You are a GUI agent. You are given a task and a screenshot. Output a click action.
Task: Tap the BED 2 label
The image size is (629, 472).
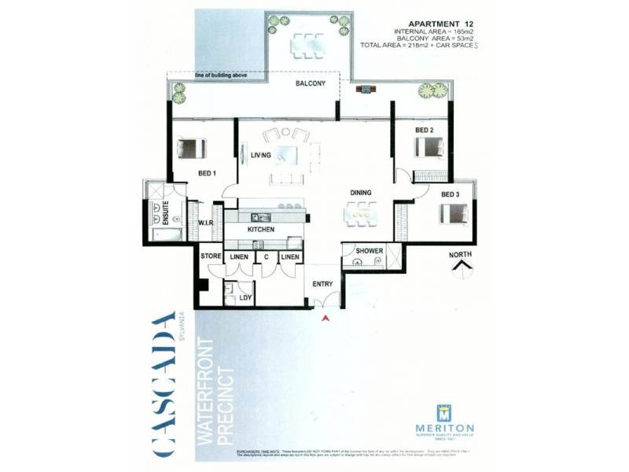tap(425, 130)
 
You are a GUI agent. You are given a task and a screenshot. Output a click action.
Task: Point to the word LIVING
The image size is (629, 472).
tap(261, 155)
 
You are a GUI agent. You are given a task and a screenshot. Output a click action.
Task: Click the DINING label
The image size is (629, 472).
tap(361, 192)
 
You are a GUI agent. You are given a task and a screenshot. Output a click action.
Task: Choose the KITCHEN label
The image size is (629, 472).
tap(260, 229)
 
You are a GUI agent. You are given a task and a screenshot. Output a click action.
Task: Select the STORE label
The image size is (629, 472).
tap(210, 256)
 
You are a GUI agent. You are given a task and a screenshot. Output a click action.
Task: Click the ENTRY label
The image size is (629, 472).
tap(322, 284)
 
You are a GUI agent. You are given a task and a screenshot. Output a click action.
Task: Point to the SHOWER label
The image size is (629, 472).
tap(369, 252)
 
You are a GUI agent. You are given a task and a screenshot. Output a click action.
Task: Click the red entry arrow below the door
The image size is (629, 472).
tap(324, 317)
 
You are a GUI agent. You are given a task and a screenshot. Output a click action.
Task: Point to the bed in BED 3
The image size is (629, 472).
tap(454, 213)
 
